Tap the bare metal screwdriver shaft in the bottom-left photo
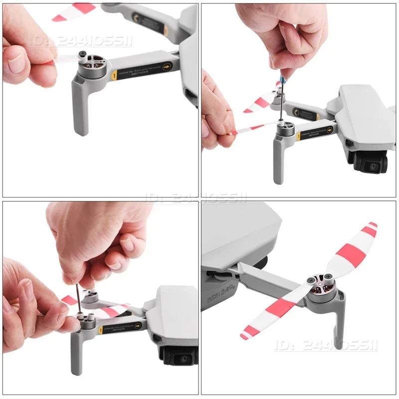pos(78,299)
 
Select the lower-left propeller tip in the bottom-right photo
pos(244,336)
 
